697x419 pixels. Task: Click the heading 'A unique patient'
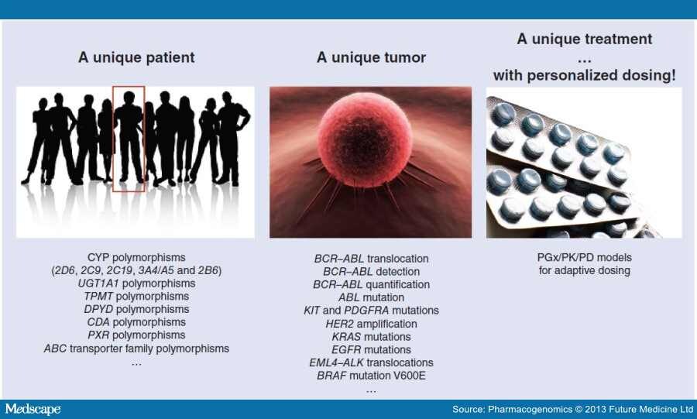pyautogui.click(x=136, y=57)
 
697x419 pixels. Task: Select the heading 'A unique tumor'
pyautogui.click(x=371, y=57)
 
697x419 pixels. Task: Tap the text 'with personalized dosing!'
pyautogui.click(x=584, y=75)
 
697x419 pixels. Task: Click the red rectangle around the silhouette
pyautogui.click(x=129, y=138)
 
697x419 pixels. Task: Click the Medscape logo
pyautogui.click(x=33, y=409)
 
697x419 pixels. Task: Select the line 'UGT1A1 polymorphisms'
pyautogui.click(x=136, y=283)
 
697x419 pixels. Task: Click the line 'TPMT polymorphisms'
pyautogui.click(x=136, y=297)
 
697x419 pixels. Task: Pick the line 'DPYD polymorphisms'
pyautogui.click(x=136, y=310)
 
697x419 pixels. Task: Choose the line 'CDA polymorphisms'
pyautogui.click(x=136, y=322)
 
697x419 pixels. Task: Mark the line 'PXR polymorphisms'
pyautogui.click(x=136, y=335)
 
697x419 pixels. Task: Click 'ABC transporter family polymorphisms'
pyautogui.click(x=136, y=349)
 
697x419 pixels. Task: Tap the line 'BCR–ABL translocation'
pyautogui.click(x=371, y=259)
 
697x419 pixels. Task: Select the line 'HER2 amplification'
pyautogui.click(x=371, y=324)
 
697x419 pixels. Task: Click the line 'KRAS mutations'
pyautogui.click(x=371, y=337)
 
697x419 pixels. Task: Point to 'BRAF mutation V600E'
pyautogui.click(x=371, y=376)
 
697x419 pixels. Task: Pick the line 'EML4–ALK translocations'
pyautogui.click(x=371, y=362)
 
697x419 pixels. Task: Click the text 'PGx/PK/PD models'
pyautogui.click(x=584, y=258)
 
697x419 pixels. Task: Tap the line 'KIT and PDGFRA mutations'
pyautogui.click(x=371, y=311)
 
